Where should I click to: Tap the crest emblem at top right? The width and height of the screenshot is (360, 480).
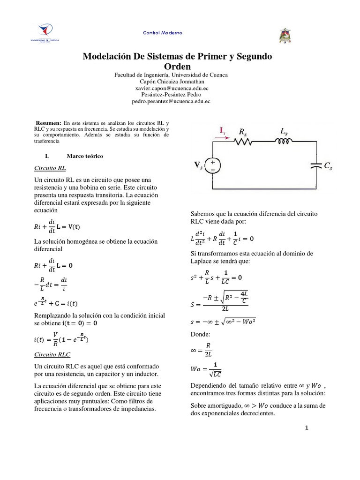(x=285, y=36)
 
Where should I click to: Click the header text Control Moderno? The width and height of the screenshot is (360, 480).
(x=163, y=33)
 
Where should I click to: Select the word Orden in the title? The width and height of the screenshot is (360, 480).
(x=177, y=67)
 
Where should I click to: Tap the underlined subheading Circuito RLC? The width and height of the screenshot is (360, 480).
(x=52, y=355)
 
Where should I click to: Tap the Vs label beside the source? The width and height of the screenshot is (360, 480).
(x=199, y=165)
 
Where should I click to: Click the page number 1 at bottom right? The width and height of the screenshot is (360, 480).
(x=307, y=428)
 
